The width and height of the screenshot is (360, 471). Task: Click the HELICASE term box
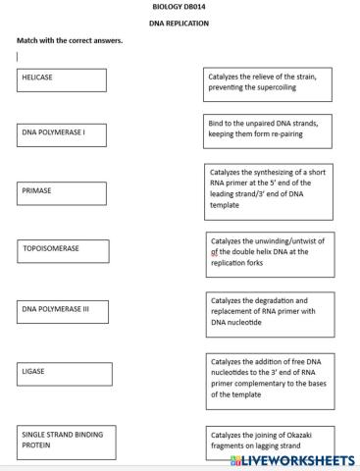coord(60,79)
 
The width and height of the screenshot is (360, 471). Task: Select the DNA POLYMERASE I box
coord(60,135)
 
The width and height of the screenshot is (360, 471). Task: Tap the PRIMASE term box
coord(60,192)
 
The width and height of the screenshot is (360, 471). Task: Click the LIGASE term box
coord(61,374)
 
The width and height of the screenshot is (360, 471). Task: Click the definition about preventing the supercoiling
coord(267,81)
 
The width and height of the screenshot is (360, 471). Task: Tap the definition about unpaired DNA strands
coord(268,130)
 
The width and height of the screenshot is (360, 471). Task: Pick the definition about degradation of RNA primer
coord(269,311)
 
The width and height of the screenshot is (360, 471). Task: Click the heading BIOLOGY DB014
coord(180,7)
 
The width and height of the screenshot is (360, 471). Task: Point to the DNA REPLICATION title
coord(180,23)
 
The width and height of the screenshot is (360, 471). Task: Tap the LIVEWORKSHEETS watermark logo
coord(291,459)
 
